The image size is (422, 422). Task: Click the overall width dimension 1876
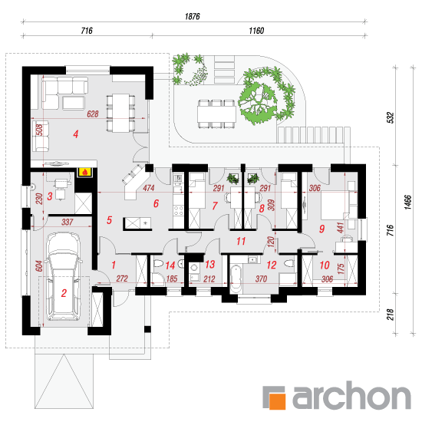(x=193, y=16)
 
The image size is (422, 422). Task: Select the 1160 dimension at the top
(x=256, y=31)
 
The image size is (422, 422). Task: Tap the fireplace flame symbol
(x=84, y=172)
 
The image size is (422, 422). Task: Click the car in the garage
(x=64, y=276)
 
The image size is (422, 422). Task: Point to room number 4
(x=76, y=134)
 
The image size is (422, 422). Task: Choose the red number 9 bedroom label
(x=322, y=229)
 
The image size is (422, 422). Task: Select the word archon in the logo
(x=351, y=395)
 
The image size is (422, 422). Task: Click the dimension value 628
(x=93, y=114)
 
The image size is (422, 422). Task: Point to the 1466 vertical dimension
(x=408, y=202)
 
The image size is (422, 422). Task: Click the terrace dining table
(x=216, y=114)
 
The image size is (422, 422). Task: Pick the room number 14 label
(x=170, y=265)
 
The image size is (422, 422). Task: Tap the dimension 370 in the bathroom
(x=261, y=279)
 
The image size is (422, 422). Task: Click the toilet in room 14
(x=158, y=263)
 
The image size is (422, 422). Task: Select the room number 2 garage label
(x=64, y=293)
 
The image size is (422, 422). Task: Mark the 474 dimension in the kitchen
(x=149, y=188)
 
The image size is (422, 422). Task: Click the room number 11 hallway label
(x=241, y=241)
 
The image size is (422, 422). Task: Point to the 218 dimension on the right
(x=391, y=314)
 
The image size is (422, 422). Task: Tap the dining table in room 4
(x=120, y=113)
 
